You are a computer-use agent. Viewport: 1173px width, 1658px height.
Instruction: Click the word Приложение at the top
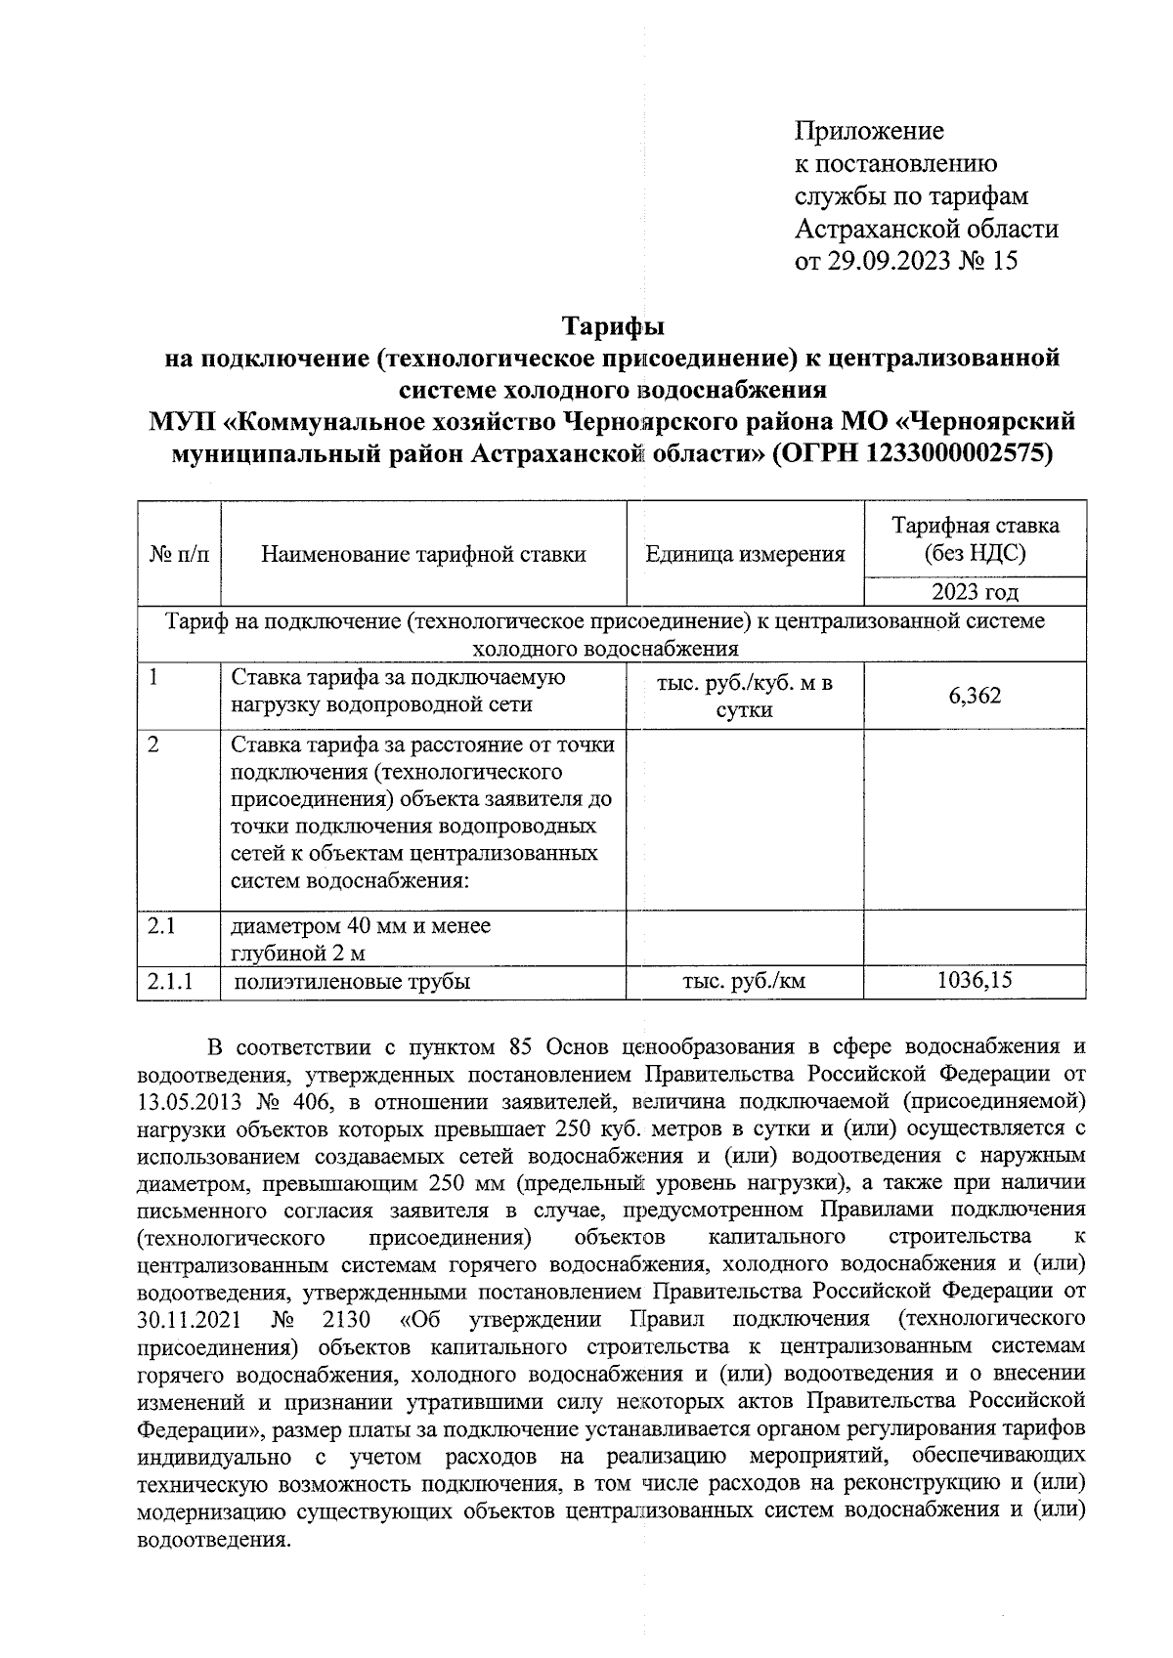pos(869,131)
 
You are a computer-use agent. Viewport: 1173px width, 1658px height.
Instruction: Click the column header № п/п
pos(180,555)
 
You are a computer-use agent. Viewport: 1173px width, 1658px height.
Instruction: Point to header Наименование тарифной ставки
pos(423,555)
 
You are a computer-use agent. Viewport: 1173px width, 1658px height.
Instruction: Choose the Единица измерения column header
pos(745,555)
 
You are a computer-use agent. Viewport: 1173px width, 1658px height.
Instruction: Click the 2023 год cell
pos(974,592)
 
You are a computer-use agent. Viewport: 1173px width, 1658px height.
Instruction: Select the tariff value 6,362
pos(974,696)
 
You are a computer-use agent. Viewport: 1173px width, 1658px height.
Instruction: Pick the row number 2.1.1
pos(169,982)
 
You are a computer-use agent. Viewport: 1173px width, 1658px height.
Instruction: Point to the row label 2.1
pos(161,924)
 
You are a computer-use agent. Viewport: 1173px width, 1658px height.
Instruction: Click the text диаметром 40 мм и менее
pos(361,924)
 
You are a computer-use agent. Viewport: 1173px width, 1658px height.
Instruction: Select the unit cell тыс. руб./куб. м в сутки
pos(744,696)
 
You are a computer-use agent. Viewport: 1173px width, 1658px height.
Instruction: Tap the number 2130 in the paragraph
pos(346,1320)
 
